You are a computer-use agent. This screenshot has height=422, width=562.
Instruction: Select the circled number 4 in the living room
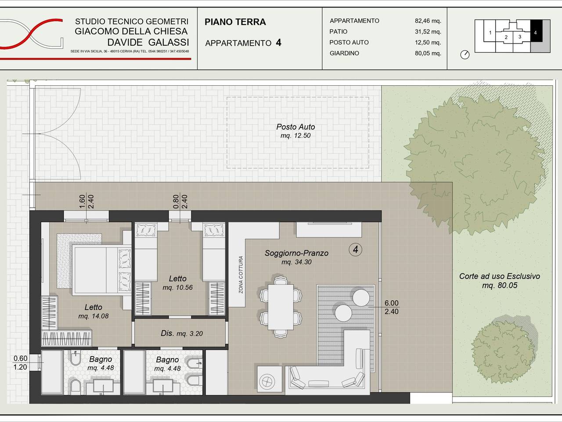(x=355, y=250)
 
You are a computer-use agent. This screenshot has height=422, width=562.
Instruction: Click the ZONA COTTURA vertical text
(x=241, y=274)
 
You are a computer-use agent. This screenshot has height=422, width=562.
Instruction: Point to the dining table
(x=281, y=307)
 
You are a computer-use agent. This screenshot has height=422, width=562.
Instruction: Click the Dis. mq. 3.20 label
(x=181, y=333)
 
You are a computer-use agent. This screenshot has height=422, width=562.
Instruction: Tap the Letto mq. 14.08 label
(x=94, y=311)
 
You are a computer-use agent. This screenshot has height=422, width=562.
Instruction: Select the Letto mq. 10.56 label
(x=177, y=283)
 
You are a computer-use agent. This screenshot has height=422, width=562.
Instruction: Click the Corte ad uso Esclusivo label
(x=500, y=280)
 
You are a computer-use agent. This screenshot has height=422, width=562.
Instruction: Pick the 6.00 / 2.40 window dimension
(x=392, y=307)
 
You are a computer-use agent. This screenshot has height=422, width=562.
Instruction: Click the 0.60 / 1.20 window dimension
(x=20, y=363)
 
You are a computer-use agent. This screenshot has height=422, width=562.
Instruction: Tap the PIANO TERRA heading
(x=235, y=22)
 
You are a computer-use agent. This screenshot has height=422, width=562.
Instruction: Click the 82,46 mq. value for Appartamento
(x=428, y=21)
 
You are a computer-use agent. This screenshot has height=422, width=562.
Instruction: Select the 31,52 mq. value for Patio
(x=428, y=32)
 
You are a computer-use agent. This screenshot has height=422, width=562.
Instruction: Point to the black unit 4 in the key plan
(x=536, y=31)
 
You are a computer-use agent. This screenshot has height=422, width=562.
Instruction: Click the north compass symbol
(x=465, y=55)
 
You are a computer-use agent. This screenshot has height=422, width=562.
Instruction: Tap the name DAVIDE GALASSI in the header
(x=148, y=42)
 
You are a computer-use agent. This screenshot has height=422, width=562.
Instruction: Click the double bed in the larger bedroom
(x=102, y=270)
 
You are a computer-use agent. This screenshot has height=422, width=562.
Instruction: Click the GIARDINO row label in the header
(x=344, y=53)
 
